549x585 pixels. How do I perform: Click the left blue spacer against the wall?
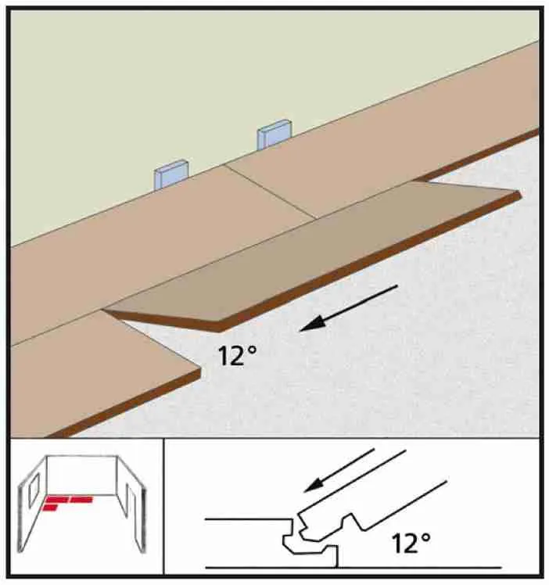[x=171, y=174]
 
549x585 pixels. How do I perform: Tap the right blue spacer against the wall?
[x=274, y=135]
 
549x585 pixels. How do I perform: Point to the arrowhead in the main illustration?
[x=313, y=323]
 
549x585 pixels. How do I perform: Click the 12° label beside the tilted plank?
[x=237, y=356]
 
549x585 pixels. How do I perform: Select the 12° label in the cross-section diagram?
[x=411, y=544]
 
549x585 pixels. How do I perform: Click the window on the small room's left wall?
[x=34, y=490]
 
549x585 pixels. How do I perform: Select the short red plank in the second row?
[x=50, y=508]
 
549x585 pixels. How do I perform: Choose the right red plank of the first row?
[x=81, y=499]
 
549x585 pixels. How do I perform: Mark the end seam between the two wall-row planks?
[x=270, y=192]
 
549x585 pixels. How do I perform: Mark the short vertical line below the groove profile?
[x=337, y=556]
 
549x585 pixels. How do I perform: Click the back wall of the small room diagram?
[x=82, y=476]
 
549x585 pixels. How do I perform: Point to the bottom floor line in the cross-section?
[x=353, y=568]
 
